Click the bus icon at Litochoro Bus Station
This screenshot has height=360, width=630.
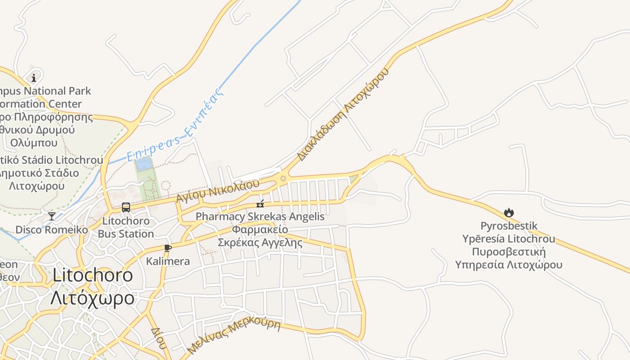pyautogui.click(x=126, y=207)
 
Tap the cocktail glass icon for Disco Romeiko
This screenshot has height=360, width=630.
pyautogui.click(x=52, y=216)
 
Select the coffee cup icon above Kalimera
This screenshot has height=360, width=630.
pyautogui.click(x=168, y=247)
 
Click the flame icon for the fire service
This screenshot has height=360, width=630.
pyautogui.click(x=509, y=212)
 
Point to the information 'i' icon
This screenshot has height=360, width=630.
pyautogui.click(x=34, y=78)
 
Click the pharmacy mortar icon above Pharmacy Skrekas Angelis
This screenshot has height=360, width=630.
pyautogui.click(x=260, y=203)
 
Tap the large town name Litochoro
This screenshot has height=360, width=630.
pyautogui.click(x=93, y=275)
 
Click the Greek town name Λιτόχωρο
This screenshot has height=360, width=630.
pyautogui.click(x=92, y=298)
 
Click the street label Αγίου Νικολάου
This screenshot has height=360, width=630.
pyautogui.click(x=218, y=191)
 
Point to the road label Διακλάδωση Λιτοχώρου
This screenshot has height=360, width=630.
pyautogui.click(x=343, y=115)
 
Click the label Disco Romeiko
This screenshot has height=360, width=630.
pyautogui.click(x=52, y=229)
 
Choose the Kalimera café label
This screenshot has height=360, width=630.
pyautogui.click(x=168, y=261)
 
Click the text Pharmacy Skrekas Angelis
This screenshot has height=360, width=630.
pyautogui.click(x=260, y=216)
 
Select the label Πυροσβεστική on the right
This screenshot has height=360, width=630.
pyautogui.click(x=509, y=251)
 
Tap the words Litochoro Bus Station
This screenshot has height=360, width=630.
pyautogui.click(x=126, y=227)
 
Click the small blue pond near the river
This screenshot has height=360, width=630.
pyautogui.click(x=144, y=164)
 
